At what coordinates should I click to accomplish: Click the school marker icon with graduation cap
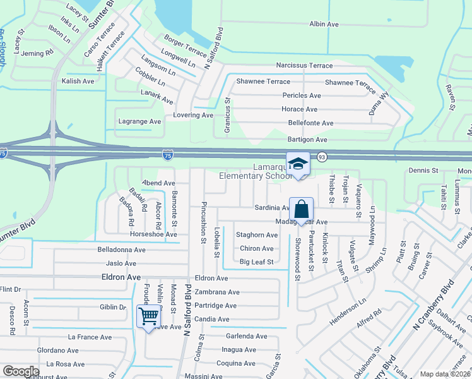pyautogui.click(x=298, y=165)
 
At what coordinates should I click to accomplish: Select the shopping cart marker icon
pyautogui.click(x=149, y=315)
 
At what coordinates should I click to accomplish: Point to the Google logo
pyautogui.click(x=21, y=371)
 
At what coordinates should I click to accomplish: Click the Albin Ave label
pyautogui.click(x=324, y=24)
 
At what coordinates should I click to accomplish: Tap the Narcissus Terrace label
pyautogui.click(x=304, y=66)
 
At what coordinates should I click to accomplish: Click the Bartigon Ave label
pyautogui.click(x=307, y=140)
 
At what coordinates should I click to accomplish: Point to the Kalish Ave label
pyautogui.click(x=78, y=81)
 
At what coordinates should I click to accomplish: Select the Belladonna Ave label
pyautogui.click(x=121, y=250)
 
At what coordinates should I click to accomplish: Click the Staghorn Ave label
pyautogui.click(x=257, y=235)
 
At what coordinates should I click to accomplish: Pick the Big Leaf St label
pyautogui.click(x=257, y=262)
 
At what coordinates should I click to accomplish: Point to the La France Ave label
pyautogui.click(x=90, y=337)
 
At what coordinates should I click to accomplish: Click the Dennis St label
pyautogui.click(x=423, y=171)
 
